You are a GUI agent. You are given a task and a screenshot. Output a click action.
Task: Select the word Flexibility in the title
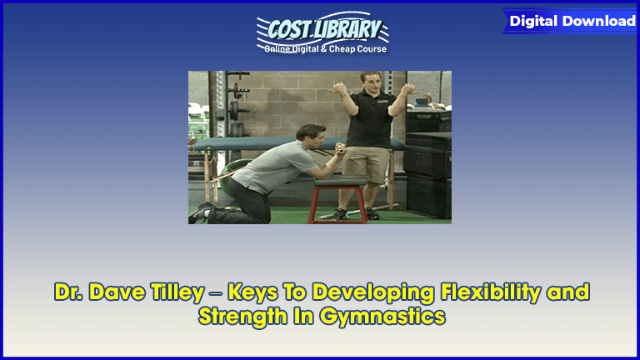tap(491, 292)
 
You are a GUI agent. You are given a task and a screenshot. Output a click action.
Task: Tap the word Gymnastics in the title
tap(382, 317)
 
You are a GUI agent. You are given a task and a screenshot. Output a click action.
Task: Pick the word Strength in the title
tap(242, 317)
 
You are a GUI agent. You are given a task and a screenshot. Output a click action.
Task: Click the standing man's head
tap(371, 81)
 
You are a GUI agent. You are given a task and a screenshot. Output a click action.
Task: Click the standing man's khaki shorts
tap(365, 164)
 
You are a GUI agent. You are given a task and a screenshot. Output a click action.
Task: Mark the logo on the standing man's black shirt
tap(382, 100)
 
